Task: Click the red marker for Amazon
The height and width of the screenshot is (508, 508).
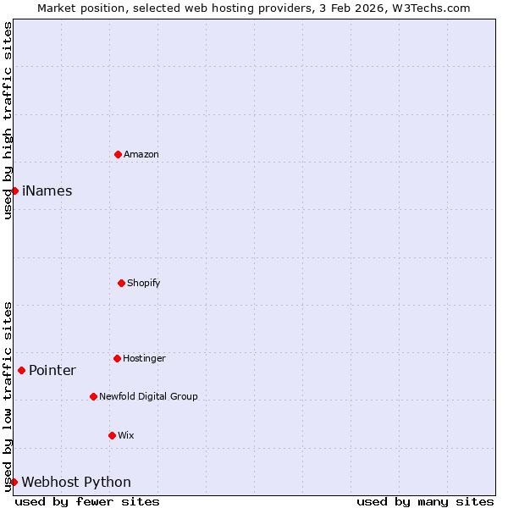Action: (118, 154)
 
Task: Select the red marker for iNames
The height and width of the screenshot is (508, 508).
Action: (14, 190)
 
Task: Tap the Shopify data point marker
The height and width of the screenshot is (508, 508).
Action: (121, 283)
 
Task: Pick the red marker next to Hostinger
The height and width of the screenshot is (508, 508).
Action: (117, 358)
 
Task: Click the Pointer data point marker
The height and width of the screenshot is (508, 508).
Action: (21, 370)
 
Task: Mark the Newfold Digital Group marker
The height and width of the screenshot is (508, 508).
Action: (93, 396)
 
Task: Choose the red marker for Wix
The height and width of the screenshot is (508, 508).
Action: (112, 435)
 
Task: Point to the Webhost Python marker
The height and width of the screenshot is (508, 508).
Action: (14, 482)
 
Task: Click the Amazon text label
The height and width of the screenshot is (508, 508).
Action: (141, 154)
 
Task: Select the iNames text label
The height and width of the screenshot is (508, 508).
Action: (47, 190)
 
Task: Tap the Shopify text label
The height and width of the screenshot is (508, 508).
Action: (144, 283)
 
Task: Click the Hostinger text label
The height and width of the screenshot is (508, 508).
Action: (144, 358)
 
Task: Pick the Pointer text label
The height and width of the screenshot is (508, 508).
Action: (52, 370)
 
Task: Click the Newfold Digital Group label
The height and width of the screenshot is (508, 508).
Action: (148, 396)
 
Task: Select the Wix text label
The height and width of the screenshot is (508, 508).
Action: (126, 435)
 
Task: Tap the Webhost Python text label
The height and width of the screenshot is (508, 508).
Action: (76, 482)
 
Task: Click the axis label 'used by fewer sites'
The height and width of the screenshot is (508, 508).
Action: (87, 501)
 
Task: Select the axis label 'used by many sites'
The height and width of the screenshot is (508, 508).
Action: (425, 501)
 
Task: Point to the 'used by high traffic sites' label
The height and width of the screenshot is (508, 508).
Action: (8, 120)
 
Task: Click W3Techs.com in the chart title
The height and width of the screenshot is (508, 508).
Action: (430, 8)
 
